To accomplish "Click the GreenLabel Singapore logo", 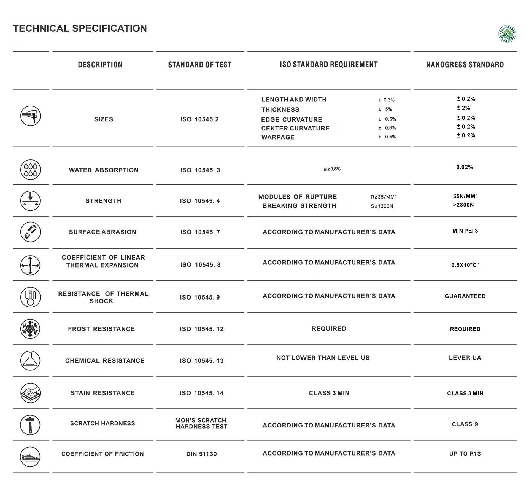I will pyautogui.click(x=507, y=34).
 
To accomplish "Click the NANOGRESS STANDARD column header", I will pyautogui.click(x=465, y=65).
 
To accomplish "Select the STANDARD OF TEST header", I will pyautogui.click(x=200, y=65).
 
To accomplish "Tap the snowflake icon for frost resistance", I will pyautogui.click(x=30, y=329).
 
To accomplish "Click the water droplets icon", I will pyautogui.click(x=30, y=169).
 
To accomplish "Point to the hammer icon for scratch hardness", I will pyautogui.click(x=30, y=425).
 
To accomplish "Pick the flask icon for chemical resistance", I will pyautogui.click(x=30, y=360).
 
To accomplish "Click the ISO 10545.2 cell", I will pyautogui.click(x=199, y=119).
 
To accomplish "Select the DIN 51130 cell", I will pyautogui.click(x=201, y=454).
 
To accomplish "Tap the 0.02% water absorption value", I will pyautogui.click(x=465, y=167).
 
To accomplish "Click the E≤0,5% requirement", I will pyautogui.click(x=332, y=169).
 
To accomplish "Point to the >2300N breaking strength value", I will pyautogui.click(x=463, y=205).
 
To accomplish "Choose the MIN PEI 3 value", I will pyautogui.click(x=465, y=231).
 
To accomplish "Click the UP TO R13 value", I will pyautogui.click(x=465, y=454).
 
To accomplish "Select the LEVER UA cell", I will pyautogui.click(x=465, y=358).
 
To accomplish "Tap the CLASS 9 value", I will pyautogui.click(x=465, y=424).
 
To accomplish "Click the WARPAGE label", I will pyautogui.click(x=278, y=137).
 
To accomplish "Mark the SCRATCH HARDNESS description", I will pyautogui.click(x=102, y=423).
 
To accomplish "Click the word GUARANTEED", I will pyautogui.click(x=465, y=296).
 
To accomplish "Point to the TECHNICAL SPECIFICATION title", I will pyautogui.click(x=80, y=28).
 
